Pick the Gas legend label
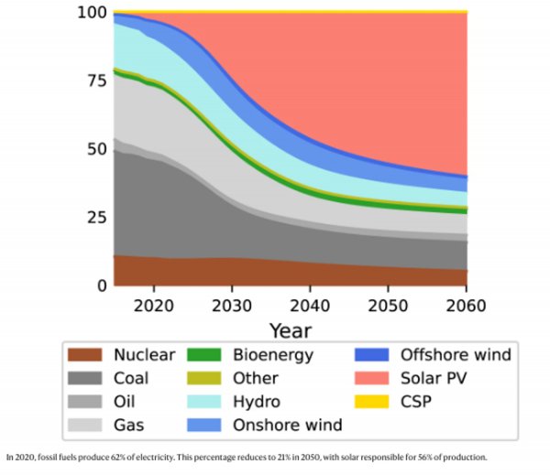pos(129,425)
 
